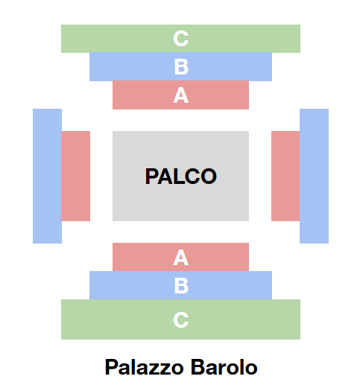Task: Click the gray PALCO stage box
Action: [180, 176]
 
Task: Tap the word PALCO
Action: [181, 176]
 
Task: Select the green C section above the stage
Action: [180, 39]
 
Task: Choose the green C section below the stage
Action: [180, 319]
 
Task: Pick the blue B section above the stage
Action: [180, 66]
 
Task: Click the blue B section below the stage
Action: [180, 285]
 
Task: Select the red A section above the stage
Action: [180, 95]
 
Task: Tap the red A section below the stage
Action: [180, 257]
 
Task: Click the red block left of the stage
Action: [75, 176]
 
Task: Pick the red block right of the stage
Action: [285, 176]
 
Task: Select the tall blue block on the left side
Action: [47, 176]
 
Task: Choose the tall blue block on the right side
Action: [314, 176]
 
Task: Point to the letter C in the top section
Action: [181, 39]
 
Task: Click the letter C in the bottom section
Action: [181, 320]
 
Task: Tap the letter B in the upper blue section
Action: [181, 67]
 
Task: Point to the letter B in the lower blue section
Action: [181, 286]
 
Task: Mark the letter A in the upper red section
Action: [181, 95]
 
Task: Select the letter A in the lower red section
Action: [181, 258]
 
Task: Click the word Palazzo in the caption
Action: [145, 367]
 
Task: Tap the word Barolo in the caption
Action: [224, 367]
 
